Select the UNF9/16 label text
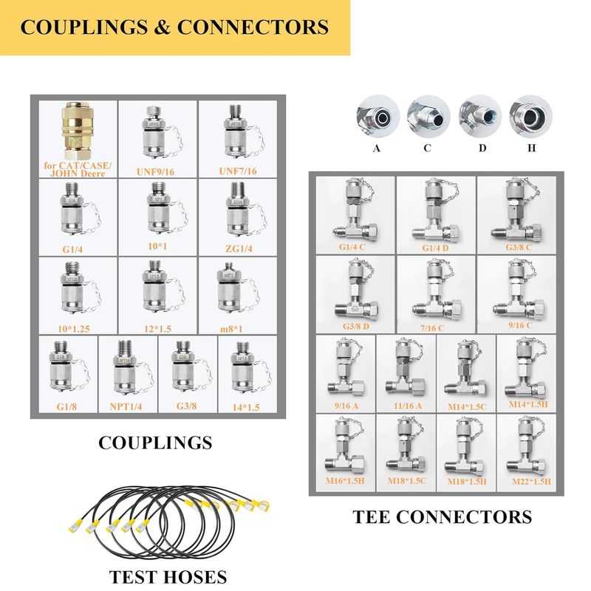[x=156, y=171]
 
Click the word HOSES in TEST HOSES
[x=190, y=576]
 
